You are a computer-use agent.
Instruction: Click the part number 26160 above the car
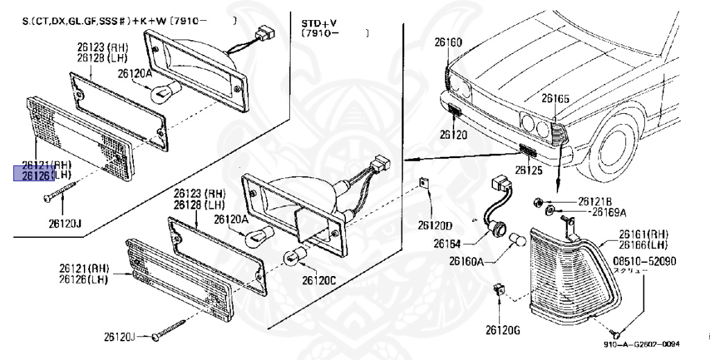448,42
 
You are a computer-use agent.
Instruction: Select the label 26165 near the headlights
555,99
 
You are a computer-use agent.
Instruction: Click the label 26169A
608,212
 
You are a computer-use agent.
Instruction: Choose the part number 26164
447,243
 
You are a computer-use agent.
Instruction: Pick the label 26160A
466,262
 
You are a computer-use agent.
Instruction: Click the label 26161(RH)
643,234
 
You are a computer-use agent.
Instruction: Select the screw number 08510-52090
643,262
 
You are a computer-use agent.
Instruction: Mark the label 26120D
435,225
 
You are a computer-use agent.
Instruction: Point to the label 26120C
319,280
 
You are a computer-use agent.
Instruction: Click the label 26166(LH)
643,244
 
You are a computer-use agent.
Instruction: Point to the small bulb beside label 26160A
517,241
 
